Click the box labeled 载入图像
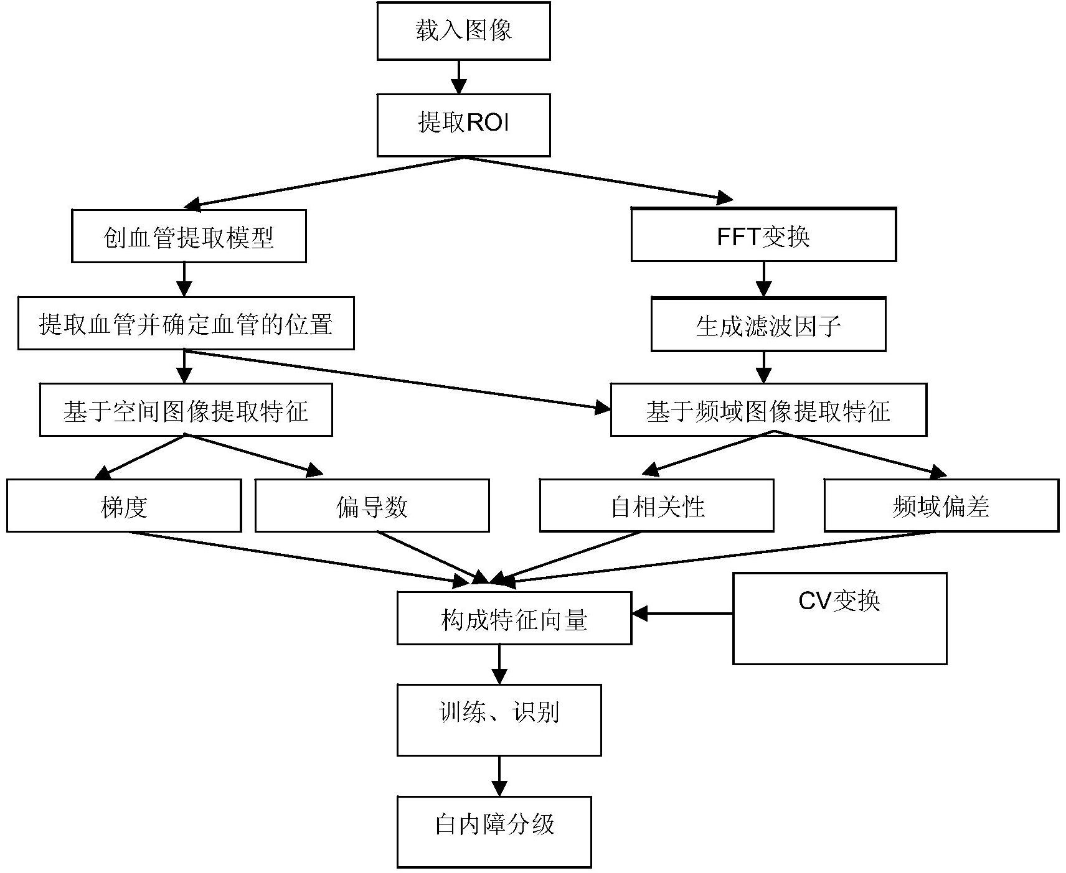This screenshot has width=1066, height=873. point(463,31)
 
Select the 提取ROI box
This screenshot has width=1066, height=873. point(463,124)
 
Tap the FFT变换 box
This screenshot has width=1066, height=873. point(763,235)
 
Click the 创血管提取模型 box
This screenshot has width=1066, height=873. point(189,236)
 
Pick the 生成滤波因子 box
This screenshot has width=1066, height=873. point(768,325)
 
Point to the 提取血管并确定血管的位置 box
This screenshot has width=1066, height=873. point(186,324)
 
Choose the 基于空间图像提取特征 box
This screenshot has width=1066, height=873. point(186,409)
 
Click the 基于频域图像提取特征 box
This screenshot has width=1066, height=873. point(768,409)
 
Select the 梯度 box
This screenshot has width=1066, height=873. point(123,505)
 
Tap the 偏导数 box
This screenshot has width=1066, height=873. point(372,505)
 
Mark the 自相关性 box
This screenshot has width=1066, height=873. point(656,505)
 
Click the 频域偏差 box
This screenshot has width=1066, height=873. point(941,505)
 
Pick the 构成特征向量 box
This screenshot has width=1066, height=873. point(514,619)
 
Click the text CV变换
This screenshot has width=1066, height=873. point(839,601)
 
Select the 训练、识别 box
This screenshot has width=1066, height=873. point(499,720)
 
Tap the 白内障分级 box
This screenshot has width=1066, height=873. point(494,831)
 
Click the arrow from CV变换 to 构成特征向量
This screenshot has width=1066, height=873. point(682,614)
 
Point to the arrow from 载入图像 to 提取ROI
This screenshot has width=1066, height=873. point(459,77)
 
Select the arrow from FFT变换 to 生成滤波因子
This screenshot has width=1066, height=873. point(763,279)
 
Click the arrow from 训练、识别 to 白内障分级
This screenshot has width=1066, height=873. point(499,776)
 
